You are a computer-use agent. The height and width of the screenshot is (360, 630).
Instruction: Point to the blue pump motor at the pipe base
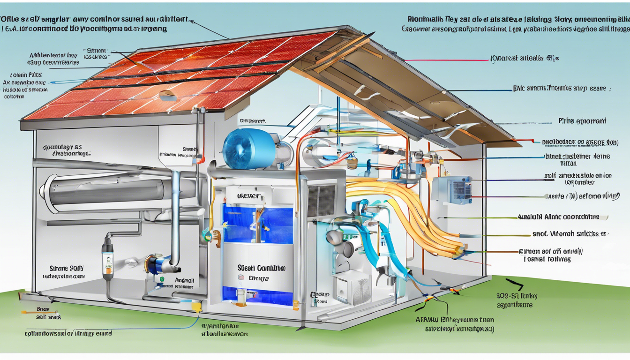[x=157, y=263]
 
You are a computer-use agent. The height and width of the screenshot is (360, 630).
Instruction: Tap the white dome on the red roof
[x=167, y=96]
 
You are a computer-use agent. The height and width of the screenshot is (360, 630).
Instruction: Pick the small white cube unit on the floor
[x=348, y=287]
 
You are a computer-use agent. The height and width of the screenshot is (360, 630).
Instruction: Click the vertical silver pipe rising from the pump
[x=176, y=216]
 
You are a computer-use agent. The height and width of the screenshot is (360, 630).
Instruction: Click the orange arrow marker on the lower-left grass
[x=23, y=311]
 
